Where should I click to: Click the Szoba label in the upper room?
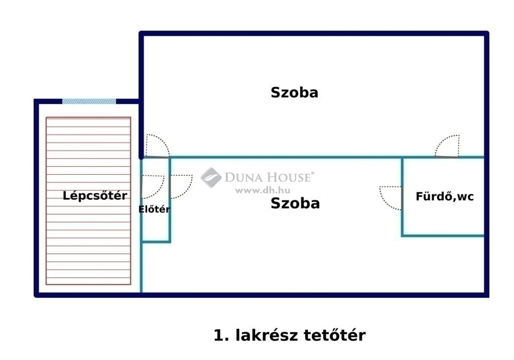pyautogui.click(x=294, y=92)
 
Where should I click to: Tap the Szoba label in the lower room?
pyautogui.click(x=295, y=203)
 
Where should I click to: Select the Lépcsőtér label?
pyautogui.click(x=95, y=195)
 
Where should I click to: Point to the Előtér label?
pyautogui.click(x=154, y=209)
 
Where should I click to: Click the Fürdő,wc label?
pyautogui.click(x=445, y=196)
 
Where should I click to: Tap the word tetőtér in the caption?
pyautogui.click(x=335, y=335)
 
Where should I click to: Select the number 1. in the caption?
pyautogui.click(x=221, y=335)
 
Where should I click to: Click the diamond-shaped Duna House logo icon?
pyautogui.click(x=211, y=177)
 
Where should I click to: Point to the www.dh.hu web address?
pyautogui.click(x=263, y=190)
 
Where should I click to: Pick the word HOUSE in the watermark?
pyautogui.click(x=288, y=177)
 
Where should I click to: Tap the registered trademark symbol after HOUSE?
pyautogui.click(x=312, y=173)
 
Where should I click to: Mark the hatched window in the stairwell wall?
pyautogui.click(x=89, y=101)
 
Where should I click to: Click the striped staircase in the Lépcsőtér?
pyautogui.click(x=88, y=201)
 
